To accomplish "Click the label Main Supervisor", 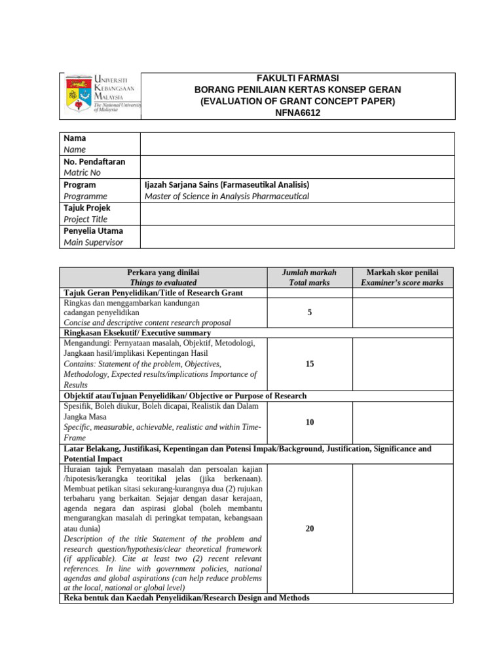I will click(x=93, y=242).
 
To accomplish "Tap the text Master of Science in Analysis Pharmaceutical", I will click(x=227, y=196).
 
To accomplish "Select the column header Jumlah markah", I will click(x=309, y=273).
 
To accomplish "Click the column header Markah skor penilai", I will click(x=402, y=273).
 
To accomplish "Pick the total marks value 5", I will click(x=309, y=313).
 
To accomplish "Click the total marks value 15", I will click(x=309, y=364).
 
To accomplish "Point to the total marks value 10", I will click(x=309, y=423).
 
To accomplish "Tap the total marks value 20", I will click(x=309, y=528).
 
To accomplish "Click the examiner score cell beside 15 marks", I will click(x=402, y=364).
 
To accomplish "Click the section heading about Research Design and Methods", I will click(x=186, y=598).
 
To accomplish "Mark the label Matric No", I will click(x=82, y=172).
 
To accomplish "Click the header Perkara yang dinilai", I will click(x=163, y=273).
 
